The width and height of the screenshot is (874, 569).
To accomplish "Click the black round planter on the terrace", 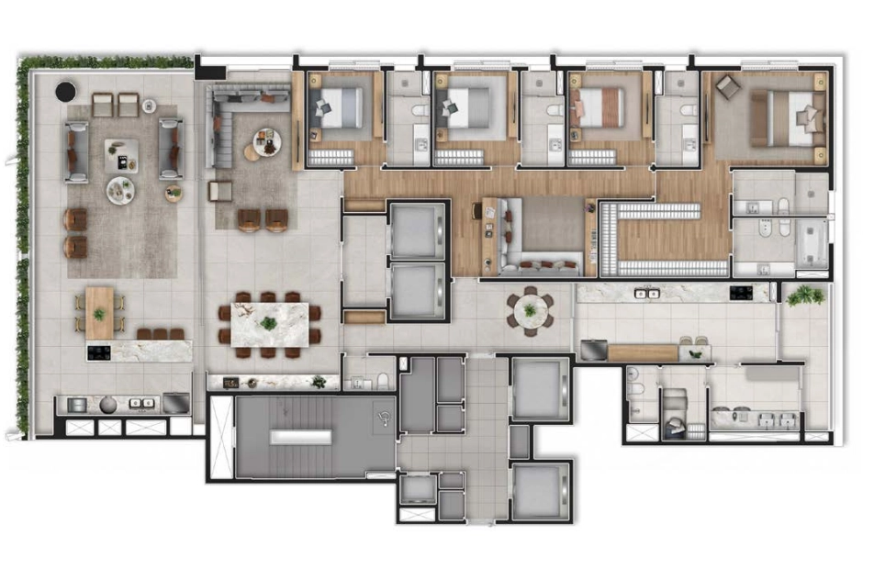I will point(66,92).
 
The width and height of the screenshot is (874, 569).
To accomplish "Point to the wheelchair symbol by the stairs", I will point(384,416).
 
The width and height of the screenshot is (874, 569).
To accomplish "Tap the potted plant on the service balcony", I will point(805,295).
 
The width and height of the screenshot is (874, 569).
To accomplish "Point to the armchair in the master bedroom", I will point(728,88).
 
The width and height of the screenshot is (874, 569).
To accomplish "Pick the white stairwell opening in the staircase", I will point(299,438).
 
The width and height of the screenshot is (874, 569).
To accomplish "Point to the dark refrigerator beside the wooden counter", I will point(593,351).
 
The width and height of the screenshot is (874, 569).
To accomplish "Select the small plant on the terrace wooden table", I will point(99,314).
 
